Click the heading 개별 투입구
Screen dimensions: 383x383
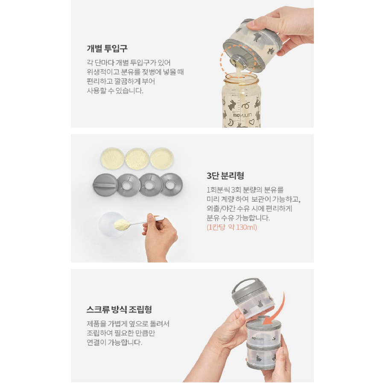coord(107,48)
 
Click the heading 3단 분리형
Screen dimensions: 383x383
coord(225,175)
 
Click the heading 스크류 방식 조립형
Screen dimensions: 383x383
coord(119,310)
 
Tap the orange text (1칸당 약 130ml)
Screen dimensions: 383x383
coord(232,227)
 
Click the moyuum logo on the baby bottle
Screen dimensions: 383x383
coord(242,114)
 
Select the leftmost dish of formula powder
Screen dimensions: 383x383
coord(112,158)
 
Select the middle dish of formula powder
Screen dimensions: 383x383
coord(137,159)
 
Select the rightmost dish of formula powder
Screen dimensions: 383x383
coord(161,158)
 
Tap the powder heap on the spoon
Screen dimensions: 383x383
coord(122,225)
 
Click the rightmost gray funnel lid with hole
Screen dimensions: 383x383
coord(171,185)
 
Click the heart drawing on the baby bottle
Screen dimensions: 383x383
coord(251,121)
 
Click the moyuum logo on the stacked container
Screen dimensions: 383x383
coord(258,339)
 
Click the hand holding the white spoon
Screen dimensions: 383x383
coord(160,237)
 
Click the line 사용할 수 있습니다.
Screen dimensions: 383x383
coord(115,91)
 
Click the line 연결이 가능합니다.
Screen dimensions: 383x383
coord(114,342)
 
